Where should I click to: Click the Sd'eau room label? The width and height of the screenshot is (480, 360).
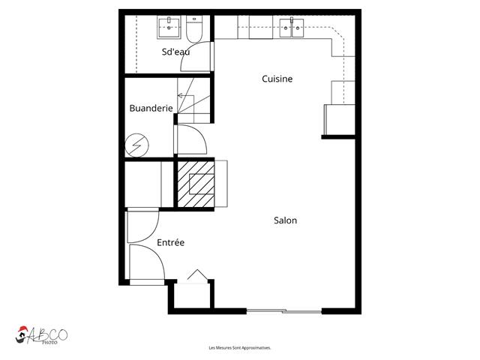(175, 52)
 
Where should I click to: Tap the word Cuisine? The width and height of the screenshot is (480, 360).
(277, 79)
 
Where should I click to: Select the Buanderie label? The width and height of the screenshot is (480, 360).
(151, 108)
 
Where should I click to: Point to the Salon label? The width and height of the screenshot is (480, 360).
(285, 220)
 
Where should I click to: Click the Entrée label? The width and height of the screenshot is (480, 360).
(170, 243)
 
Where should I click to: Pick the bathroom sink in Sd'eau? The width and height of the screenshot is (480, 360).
(169, 28)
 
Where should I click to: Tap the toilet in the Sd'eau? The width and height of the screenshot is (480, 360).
(194, 30)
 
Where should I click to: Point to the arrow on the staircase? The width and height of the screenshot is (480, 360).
(182, 95)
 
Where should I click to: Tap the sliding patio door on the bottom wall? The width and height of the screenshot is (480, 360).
(284, 310)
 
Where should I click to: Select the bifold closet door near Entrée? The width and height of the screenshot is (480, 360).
(196, 276)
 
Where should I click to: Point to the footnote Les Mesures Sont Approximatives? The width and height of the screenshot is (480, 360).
(239, 348)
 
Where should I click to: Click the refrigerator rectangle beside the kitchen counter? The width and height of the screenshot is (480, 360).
(337, 120)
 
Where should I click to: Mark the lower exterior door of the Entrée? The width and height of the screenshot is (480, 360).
(145, 264)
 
